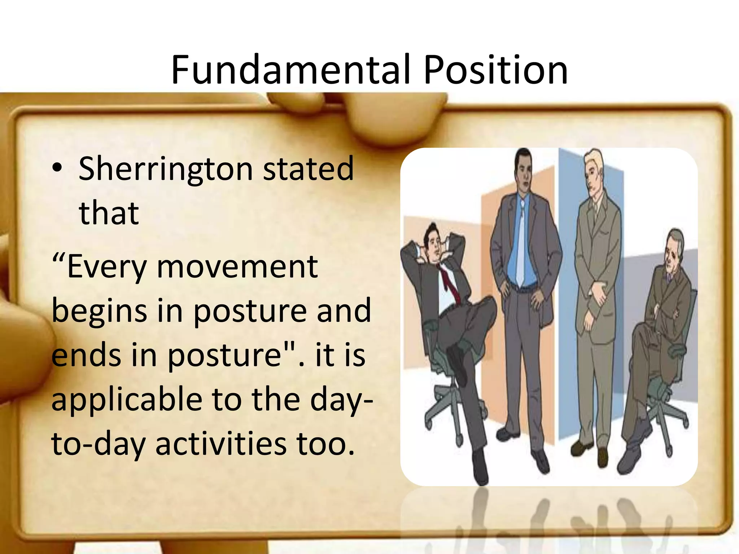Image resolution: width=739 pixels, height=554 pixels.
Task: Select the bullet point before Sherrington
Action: click(x=58, y=169)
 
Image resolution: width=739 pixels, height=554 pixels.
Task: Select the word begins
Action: click(x=99, y=311)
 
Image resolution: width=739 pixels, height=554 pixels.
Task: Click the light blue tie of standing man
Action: click(x=521, y=245)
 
